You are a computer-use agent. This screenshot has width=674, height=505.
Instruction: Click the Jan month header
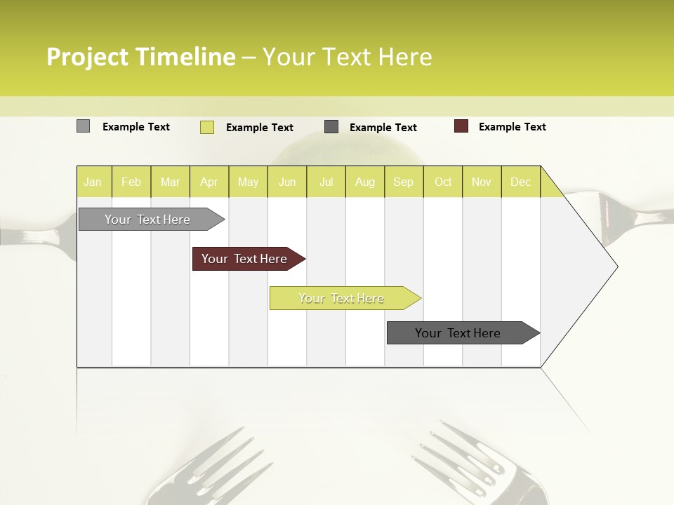click(93, 182)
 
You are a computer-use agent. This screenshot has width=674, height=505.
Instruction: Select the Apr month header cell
click(209, 182)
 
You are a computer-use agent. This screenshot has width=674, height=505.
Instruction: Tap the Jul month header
click(326, 182)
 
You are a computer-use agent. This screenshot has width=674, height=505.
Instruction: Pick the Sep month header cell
click(404, 182)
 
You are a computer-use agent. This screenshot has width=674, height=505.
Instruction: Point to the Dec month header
click(520, 182)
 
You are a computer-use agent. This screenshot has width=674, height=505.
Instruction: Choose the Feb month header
click(131, 182)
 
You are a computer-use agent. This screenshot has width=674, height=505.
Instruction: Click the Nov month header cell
click(482, 182)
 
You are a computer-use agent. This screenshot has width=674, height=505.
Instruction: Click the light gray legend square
click(83, 126)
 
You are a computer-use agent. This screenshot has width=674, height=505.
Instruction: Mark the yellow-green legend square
click(206, 127)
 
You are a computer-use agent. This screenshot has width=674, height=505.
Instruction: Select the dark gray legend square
click(331, 127)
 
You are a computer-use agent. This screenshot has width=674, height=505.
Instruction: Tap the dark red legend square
click(461, 126)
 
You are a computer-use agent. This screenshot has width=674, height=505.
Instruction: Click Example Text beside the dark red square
click(512, 127)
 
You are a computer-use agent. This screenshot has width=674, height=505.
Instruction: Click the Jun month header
click(287, 182)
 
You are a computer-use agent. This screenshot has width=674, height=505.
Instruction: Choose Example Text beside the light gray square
click(136, 127)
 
